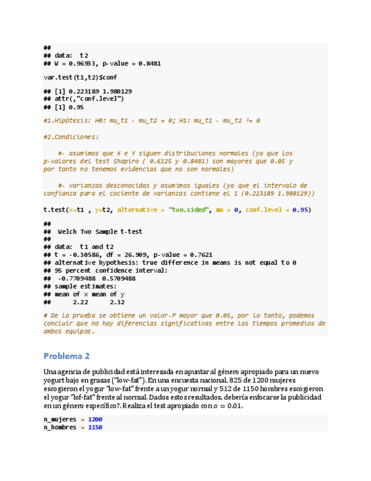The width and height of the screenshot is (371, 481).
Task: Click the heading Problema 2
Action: point(66,356)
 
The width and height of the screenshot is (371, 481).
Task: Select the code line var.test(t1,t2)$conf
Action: point(80,77)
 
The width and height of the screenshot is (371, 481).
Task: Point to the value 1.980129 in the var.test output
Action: point(117,91)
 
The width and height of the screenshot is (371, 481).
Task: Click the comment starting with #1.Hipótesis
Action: point(152,121)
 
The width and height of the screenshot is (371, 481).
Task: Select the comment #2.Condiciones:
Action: point(71,137)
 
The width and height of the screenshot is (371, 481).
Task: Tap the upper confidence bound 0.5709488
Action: point(118,279)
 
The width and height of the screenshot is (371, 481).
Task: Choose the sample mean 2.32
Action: point(117,302)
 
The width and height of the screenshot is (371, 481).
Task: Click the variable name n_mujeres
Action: point(61,419)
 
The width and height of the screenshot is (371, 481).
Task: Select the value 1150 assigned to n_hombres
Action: point(95,427)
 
